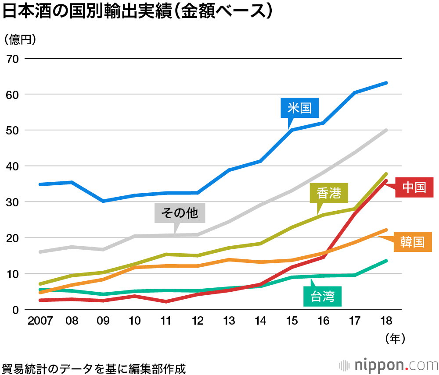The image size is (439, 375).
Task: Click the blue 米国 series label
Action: (x=300, y=108)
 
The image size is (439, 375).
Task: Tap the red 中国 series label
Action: (x=414, y=187)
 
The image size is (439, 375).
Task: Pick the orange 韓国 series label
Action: (x=412, y=241)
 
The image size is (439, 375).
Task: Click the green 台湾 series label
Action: (x=323, y=297)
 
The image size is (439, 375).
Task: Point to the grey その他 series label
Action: (x=180, y=213)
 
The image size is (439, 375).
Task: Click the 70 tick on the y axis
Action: (x=12, y=58)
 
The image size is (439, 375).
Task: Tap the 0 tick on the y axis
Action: (x=15, y=309)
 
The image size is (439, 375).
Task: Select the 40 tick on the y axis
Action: (x=12, y=166)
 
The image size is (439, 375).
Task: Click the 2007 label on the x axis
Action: (x=40, y=321)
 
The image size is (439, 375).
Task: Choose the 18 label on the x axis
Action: (x=386, y=321)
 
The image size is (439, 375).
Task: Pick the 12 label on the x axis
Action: (x=198, y=321)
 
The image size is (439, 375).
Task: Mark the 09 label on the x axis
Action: (x=103, y=321)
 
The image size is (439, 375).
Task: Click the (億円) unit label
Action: (x=20, y=39)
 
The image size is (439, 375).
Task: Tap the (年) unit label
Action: (x=395, y=338)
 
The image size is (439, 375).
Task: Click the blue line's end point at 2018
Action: (x=386, y=83)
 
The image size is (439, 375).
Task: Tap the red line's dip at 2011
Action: (x=166, y=301)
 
